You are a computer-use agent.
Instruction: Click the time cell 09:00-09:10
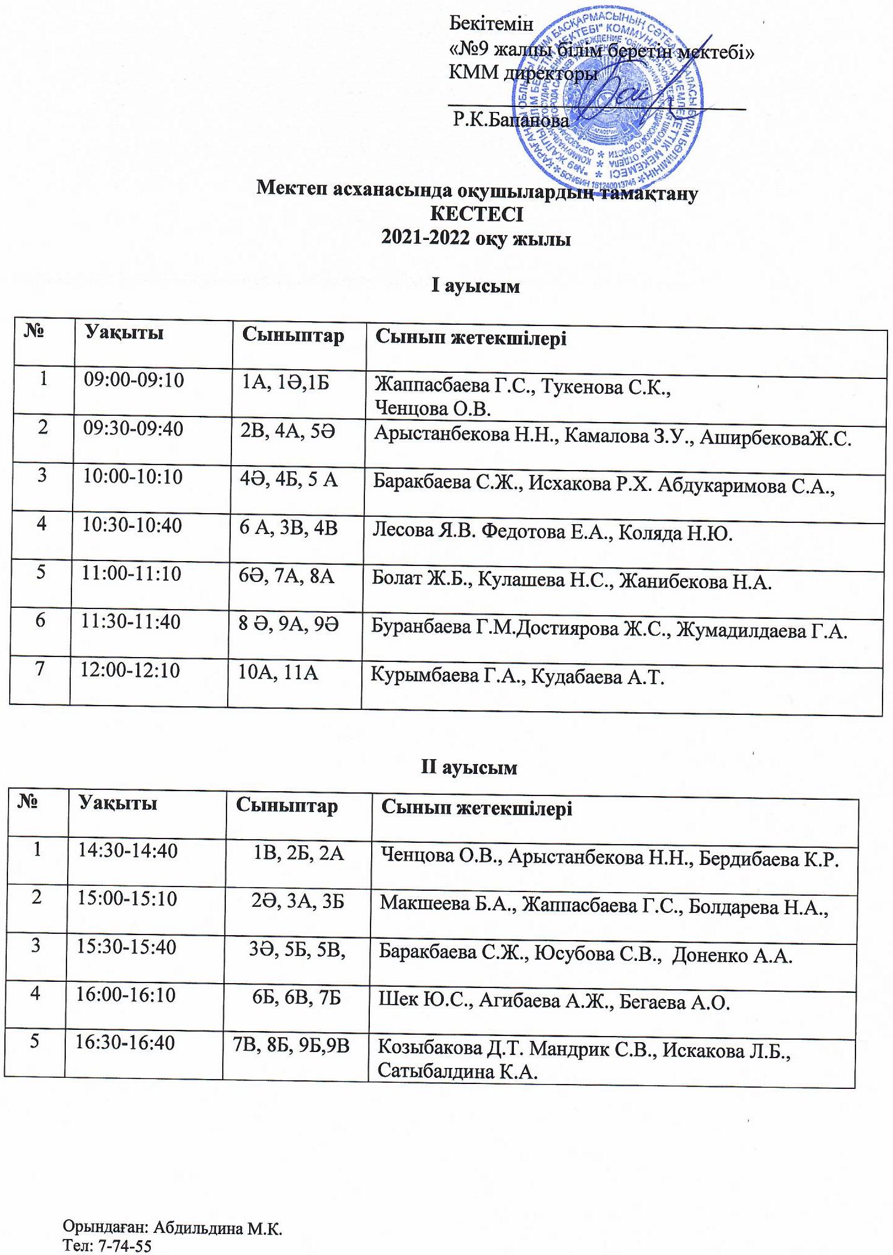pos(134,381)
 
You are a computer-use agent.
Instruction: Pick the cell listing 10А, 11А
pos(278,673)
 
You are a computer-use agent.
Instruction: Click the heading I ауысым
pos(475,287)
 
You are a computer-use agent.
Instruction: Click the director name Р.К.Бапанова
pos(511,121)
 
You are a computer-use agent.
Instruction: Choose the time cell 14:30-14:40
pos(127,851)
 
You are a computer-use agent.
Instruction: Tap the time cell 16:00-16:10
pos(126,995)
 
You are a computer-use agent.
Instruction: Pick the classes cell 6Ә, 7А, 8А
pos(286,577)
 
